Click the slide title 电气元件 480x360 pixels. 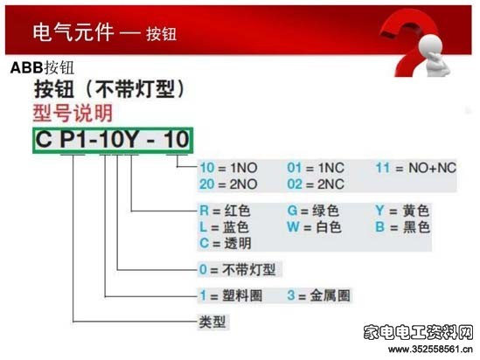[x=73, y=32]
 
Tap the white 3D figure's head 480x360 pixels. [x=430, y=45]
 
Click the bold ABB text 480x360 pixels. [x=26, y=67]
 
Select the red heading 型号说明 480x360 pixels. [x=73, y=114]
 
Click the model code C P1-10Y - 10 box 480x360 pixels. [x=113, y=140]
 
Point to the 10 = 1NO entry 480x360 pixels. [x=229, y=168]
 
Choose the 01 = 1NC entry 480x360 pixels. [x=316, y=168]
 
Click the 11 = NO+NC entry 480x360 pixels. [x=416, y=168]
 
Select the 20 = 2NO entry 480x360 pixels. [x=229, y=184]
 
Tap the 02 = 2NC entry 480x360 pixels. [x=316, y=184]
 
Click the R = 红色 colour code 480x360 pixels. [x=225, y=211]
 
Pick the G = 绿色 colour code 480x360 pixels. [x=313, y=211]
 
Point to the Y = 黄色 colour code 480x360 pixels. [x=402, y=211]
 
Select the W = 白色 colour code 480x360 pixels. [x=314, y=227]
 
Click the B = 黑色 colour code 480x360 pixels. [x=403, y=227]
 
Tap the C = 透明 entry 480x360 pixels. [x=226, y=244]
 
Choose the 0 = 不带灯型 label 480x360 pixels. [x=238, y=269]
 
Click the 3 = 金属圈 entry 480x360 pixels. [x=318, y=295]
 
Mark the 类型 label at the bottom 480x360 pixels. [x=212, y=322]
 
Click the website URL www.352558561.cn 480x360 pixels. [x=430, y=349]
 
